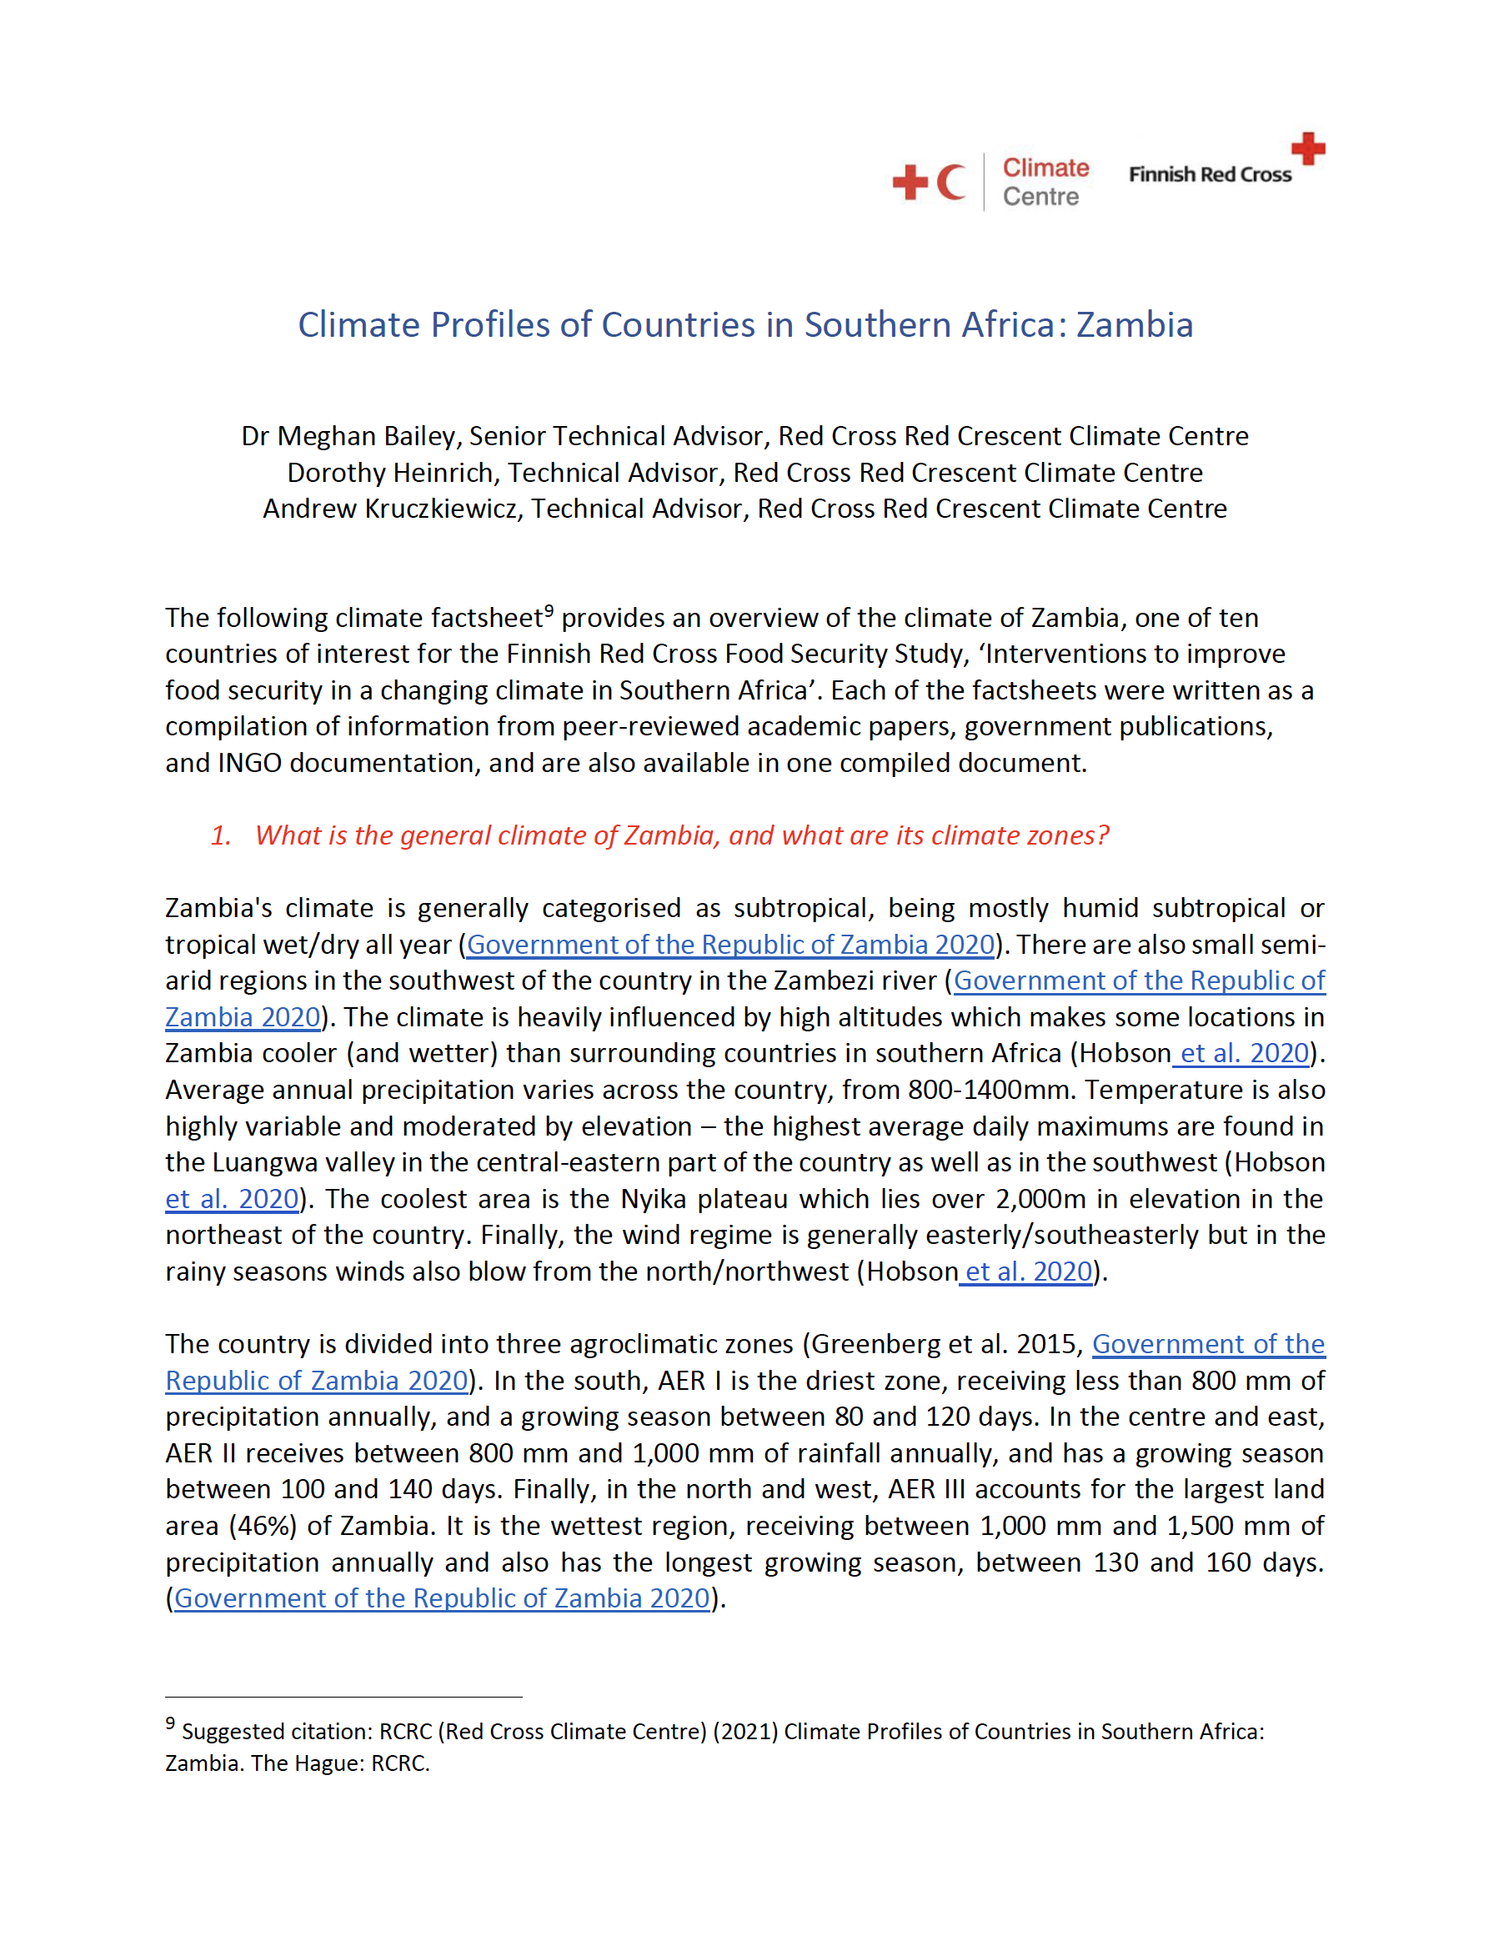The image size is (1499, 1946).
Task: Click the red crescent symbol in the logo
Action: click(951, 182)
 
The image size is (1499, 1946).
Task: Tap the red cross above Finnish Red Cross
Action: click(1307, 148)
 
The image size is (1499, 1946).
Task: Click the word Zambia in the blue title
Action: click(1134, 325)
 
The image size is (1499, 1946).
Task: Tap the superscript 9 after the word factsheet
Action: click(549, 611)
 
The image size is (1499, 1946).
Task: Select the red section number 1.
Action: click(219, 835)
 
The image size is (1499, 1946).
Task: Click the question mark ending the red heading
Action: click(1103, 835)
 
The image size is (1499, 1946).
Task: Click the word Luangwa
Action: click(261, 1163)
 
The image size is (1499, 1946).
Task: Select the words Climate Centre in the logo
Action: click(1045, 182)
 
